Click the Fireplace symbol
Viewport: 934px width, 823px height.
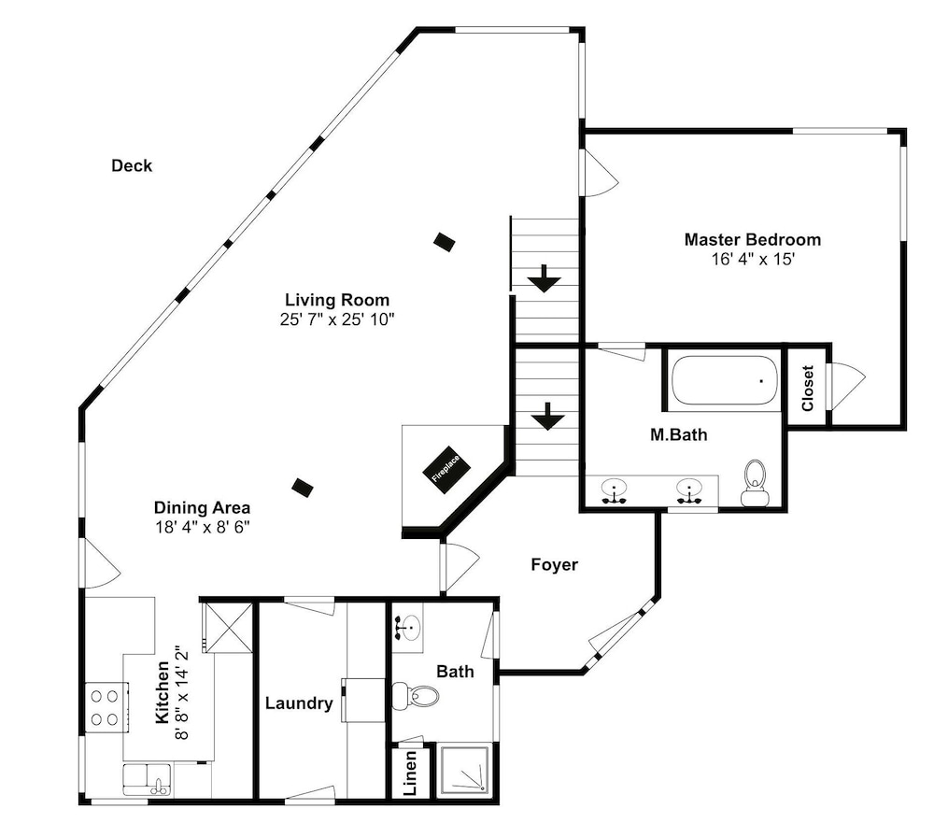coord(446,470)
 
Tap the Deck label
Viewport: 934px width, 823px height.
coord(132,165)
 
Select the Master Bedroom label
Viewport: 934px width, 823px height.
coord(752,239)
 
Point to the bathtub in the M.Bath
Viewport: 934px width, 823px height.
coord(725,381)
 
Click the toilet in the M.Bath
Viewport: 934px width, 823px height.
coord(755,483)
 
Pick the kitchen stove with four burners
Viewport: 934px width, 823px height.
coord(106,708)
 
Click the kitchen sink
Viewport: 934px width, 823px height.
coord(147,779)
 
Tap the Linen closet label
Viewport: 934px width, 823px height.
coord(410,773)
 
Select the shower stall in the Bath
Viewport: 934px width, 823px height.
coord(464,771)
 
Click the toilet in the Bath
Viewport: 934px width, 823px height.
coord(416,695)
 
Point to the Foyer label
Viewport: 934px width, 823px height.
coord(554,564)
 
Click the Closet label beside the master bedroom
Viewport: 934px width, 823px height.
coord(808,388)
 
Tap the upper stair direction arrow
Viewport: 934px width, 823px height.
coord(544,279)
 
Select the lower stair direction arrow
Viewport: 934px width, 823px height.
coord(547,417)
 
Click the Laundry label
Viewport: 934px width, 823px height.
coord(299,703)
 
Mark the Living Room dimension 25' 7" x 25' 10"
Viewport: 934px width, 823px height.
coord(337,320)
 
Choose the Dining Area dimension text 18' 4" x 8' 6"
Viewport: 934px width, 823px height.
coord(202,528)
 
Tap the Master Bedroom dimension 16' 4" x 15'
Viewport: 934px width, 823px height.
coord(753,260)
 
